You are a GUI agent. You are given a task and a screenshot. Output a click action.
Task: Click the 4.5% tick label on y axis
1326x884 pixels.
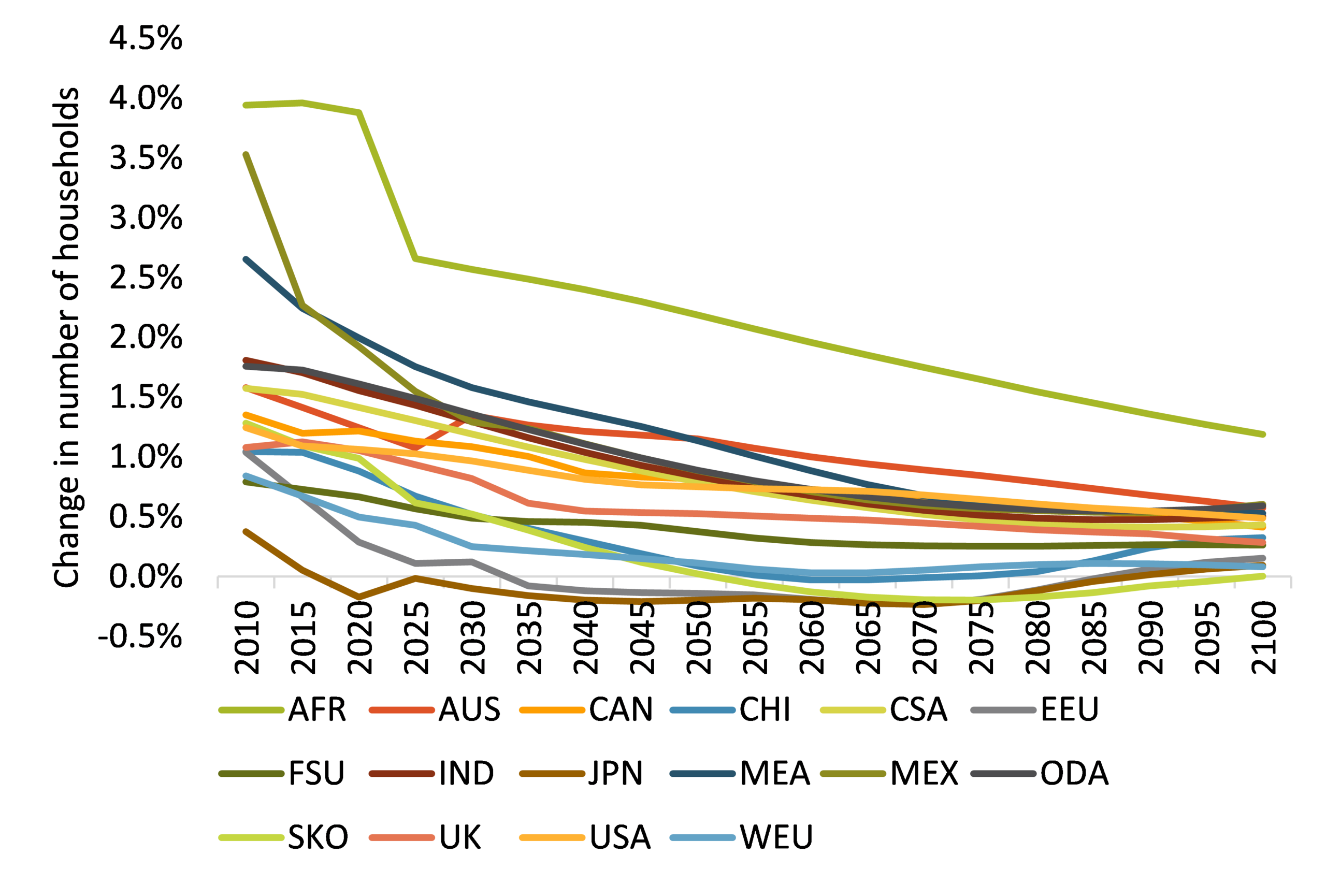(146, 38)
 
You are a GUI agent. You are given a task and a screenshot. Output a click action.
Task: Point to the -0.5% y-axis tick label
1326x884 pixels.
(140, 636)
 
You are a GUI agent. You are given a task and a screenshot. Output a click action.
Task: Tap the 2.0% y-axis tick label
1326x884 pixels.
(146, 337)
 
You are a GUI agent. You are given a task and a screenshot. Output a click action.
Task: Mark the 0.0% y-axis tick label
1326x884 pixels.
(146, 576)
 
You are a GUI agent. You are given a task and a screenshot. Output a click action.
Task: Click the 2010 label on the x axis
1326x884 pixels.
(247, 637)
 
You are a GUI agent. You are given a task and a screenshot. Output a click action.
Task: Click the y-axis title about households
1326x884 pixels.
(66, 337)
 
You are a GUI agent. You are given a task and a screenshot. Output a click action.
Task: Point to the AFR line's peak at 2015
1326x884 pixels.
(302, 103)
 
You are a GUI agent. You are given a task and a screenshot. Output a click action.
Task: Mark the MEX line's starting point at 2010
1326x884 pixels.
(247, 154)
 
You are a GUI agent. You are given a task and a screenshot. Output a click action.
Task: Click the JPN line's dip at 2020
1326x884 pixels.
(359, 597)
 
